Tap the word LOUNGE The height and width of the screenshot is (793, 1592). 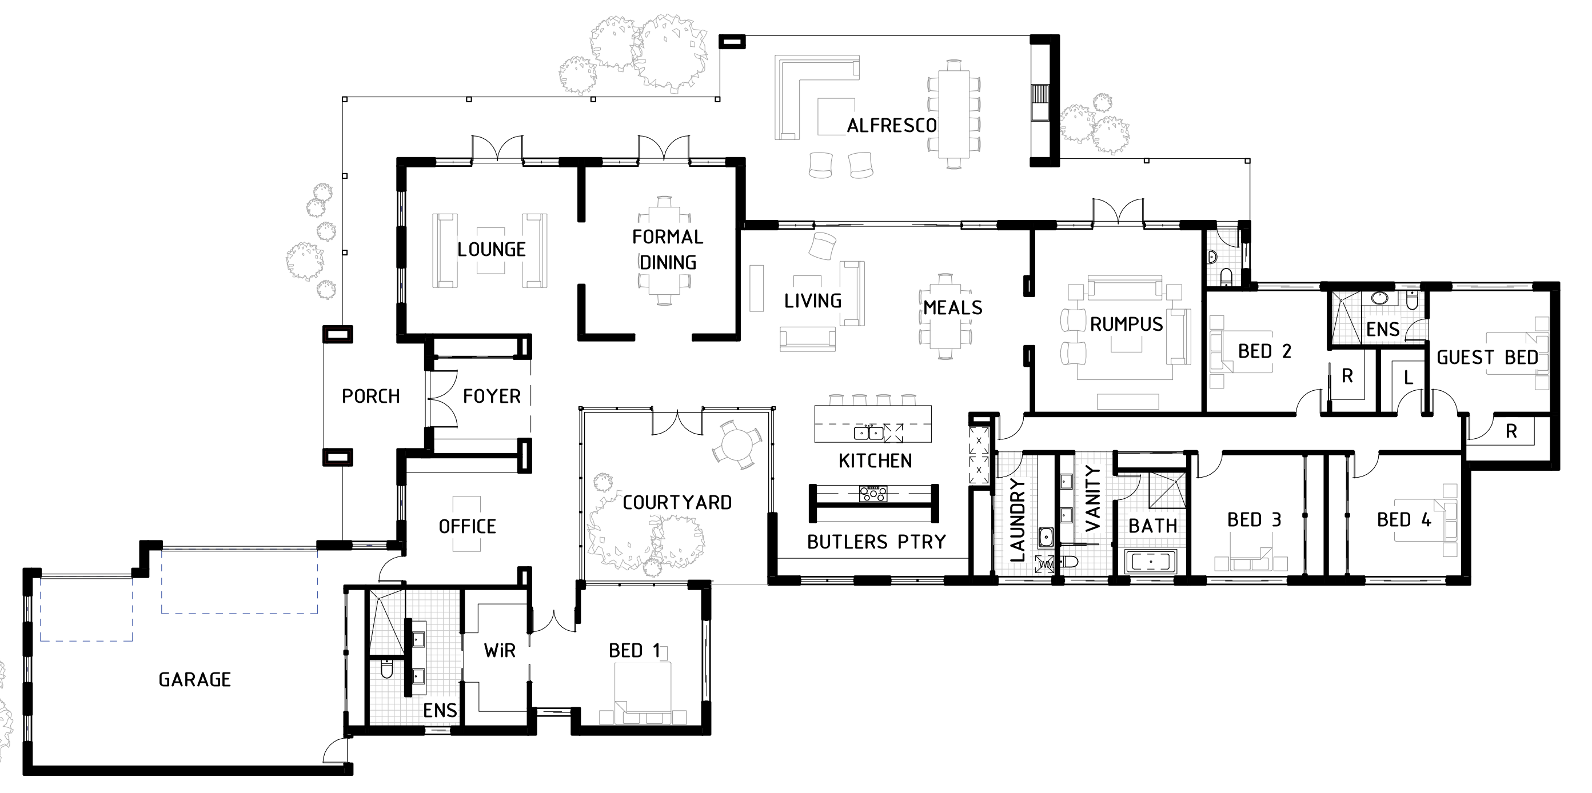(492, 250)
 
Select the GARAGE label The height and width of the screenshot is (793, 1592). (195, 679)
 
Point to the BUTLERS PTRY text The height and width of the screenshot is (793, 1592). (876, 542)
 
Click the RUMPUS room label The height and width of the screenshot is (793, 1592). (1126, 325)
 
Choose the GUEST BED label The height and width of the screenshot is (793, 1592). (1487, 357)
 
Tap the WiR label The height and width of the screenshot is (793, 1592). (500, 650)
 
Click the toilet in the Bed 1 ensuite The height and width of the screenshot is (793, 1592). (387, 668)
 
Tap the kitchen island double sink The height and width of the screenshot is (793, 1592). (869, 433)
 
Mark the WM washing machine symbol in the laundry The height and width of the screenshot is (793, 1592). (1044, 564)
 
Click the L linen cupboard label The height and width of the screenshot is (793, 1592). (1409, 377)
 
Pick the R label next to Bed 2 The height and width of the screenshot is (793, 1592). (1347, 375)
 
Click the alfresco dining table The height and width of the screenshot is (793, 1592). (953, 114)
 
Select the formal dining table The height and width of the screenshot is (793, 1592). (664, 250)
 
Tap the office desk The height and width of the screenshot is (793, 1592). (466, 524)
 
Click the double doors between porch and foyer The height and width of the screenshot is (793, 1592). (441, 399)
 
